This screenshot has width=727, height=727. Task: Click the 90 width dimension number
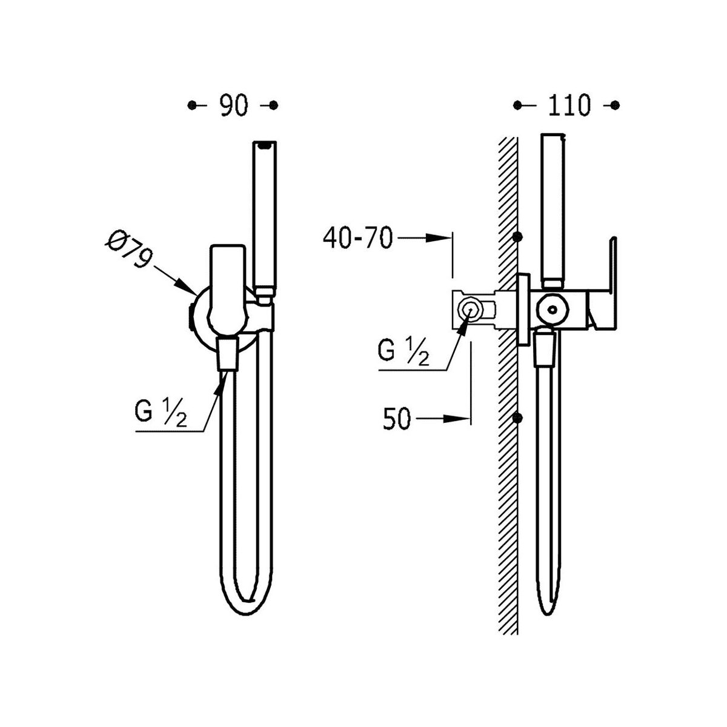[234, 105]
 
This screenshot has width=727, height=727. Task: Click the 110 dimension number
[568, 105]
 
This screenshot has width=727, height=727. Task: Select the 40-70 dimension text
[357, 238]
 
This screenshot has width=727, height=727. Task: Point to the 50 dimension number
[396, 419]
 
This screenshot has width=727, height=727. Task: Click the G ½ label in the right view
[403, 352]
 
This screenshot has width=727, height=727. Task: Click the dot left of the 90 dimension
[192, 105]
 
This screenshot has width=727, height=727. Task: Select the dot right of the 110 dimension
[615, 105]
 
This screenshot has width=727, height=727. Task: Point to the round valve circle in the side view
[553, 310]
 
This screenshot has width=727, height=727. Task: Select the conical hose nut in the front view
[228, 354]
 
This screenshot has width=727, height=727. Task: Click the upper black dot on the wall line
[518, 237]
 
